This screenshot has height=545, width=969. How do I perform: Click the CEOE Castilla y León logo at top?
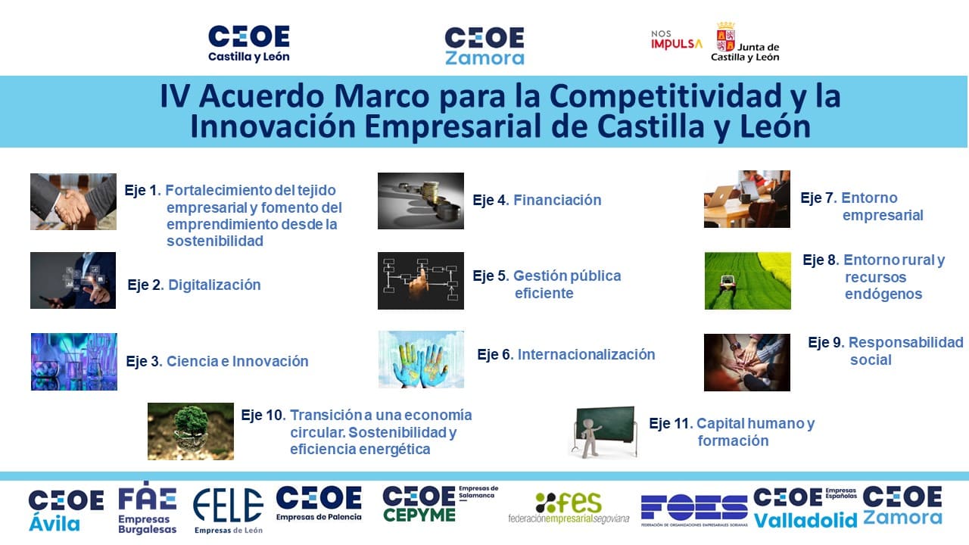click(x=249, y=44)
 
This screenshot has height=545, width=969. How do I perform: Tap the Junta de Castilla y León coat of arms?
click(x=725, y=37)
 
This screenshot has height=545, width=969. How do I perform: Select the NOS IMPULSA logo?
click(x=677, y=40)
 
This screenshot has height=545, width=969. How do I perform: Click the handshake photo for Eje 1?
click(x=73, y=201)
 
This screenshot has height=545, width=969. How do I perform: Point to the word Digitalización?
click(x=214, y=285)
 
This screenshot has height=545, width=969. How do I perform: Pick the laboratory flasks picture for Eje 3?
click(x=74, y=362)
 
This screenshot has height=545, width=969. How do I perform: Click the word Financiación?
click(x=557, y=200)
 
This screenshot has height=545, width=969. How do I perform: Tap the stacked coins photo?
click(x=420, y=201)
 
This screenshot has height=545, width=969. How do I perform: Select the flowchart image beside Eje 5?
click(x=420, y=281)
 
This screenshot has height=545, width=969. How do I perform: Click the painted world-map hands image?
click(x=421, y=360)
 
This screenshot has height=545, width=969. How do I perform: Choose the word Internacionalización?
click(x=586, y=355)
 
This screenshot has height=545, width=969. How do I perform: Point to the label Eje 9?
click(x=826, y=343)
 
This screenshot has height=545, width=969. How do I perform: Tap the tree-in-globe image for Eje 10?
click(x=190, y=431)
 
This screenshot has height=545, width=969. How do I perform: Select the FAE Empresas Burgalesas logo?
click(x=147, y=508)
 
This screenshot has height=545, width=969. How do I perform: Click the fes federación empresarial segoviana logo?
click(x=569, y=508)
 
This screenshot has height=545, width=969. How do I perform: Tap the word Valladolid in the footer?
click(x=805, y=520)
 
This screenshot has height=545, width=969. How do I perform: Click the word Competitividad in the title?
click(x=665, y=96)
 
